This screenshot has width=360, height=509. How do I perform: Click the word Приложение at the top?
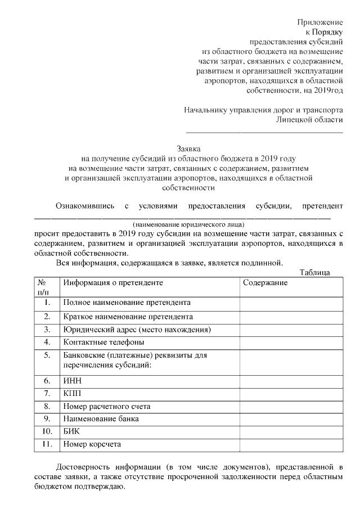[319, 22]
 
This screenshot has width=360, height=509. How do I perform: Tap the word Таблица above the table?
[315, 273]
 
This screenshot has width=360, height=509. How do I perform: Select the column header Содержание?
[265, 283]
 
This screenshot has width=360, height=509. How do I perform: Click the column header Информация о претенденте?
[113, 283]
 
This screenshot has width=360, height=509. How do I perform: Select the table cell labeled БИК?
[73, 431]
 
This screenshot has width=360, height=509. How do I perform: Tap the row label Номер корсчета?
[92, 444]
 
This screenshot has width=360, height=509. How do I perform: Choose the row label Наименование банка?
[101, 419]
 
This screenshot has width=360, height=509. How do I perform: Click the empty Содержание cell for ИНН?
[290, 381]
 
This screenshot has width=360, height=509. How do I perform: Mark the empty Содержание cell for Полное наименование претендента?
[290, 303]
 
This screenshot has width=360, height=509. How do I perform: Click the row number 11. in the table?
[47, 444]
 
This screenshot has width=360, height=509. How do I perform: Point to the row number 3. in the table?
[47, 329]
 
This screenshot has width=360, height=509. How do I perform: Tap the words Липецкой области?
[309, 120]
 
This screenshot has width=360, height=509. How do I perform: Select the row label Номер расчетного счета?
[107, 406]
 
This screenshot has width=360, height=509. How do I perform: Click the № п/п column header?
[43, 287]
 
